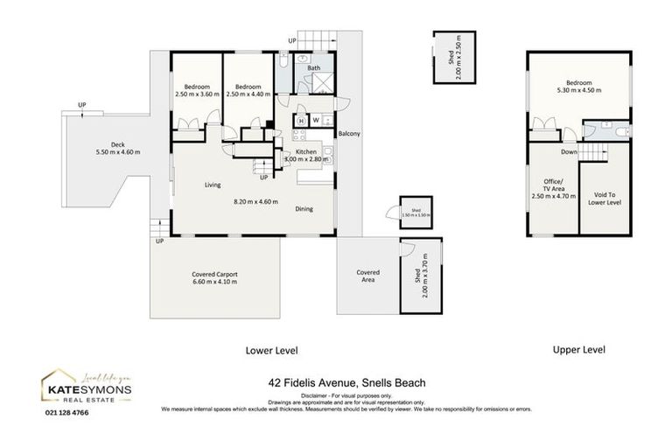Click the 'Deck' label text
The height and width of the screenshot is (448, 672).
(x=117, y=145)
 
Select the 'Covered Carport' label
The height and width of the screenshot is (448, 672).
(x=214, y=275)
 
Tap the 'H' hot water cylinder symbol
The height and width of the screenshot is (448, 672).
(x=301, y=121)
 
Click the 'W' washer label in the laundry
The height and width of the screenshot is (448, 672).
(x=316, y=121)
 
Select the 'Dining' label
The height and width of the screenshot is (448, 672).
(x=304, y=208)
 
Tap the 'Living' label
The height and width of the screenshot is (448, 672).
(x=213, y=185)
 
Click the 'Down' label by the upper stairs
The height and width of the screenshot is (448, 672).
(x=569, y=151)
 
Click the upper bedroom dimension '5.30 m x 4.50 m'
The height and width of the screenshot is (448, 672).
(x=578, y=89)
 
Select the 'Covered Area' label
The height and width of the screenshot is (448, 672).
(x=367, y=276)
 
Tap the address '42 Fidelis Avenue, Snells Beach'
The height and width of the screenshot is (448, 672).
(x=346, y=382)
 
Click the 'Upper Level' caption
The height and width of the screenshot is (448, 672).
(x=578, y=349)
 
